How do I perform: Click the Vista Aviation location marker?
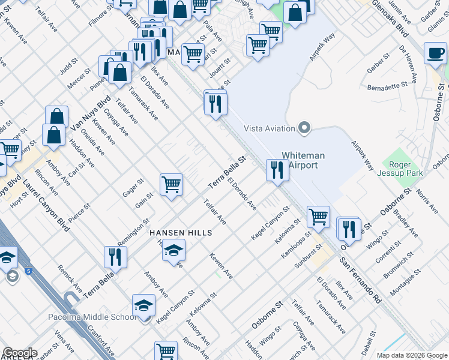point(304,128)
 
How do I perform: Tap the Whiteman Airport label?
point(303,160)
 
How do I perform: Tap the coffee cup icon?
point(435,53)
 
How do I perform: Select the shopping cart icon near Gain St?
point(171,184)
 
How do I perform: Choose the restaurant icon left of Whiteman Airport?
point(277,170)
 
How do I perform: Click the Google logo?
point(20,353)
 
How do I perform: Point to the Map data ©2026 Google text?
point(411,355)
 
